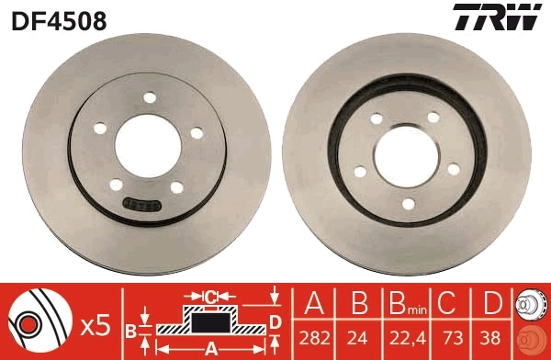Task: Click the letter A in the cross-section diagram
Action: (209, 347)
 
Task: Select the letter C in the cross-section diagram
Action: (210, 297)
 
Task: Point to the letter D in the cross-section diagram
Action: (274, 321)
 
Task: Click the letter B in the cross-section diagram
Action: (130, 328)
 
